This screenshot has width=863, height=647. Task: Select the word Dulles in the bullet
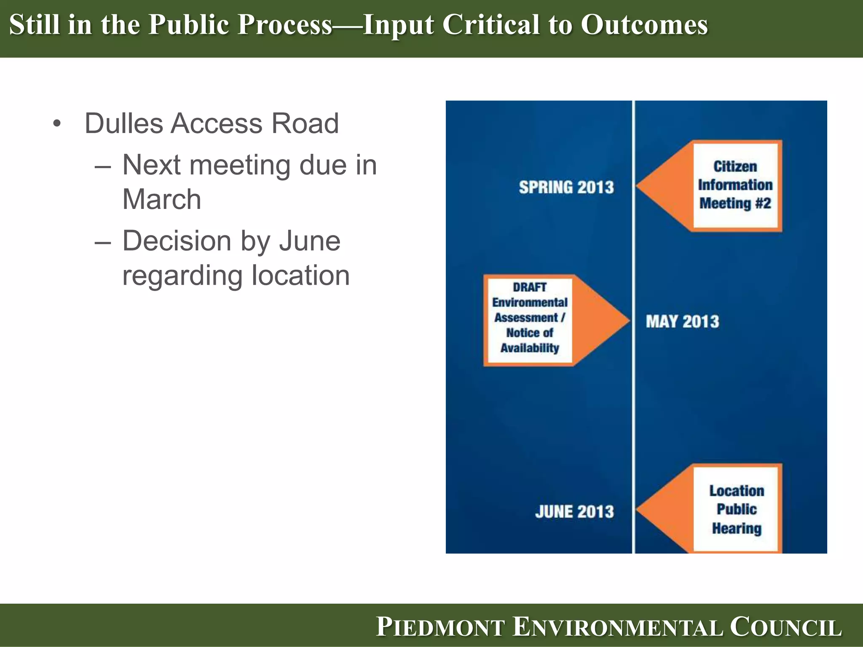[x=124, y=123]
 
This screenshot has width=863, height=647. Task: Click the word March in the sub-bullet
[x=162, y=199]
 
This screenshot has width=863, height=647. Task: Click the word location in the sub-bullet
[x=300, y=275]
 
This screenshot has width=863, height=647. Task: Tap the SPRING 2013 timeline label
[x=566, y=187]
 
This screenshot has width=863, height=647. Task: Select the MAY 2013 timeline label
[x=682, y=322]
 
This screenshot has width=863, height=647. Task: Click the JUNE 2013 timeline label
[x=574, y=512]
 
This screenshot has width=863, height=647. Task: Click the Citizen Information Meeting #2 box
[x=735, y=185]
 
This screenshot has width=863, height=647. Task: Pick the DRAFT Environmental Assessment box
[x=530, y=320]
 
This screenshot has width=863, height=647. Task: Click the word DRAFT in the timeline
[x=530, y=287]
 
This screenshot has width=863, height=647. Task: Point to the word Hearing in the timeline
[x=737, y=529]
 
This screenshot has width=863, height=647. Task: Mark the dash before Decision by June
[x=103, y=243]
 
